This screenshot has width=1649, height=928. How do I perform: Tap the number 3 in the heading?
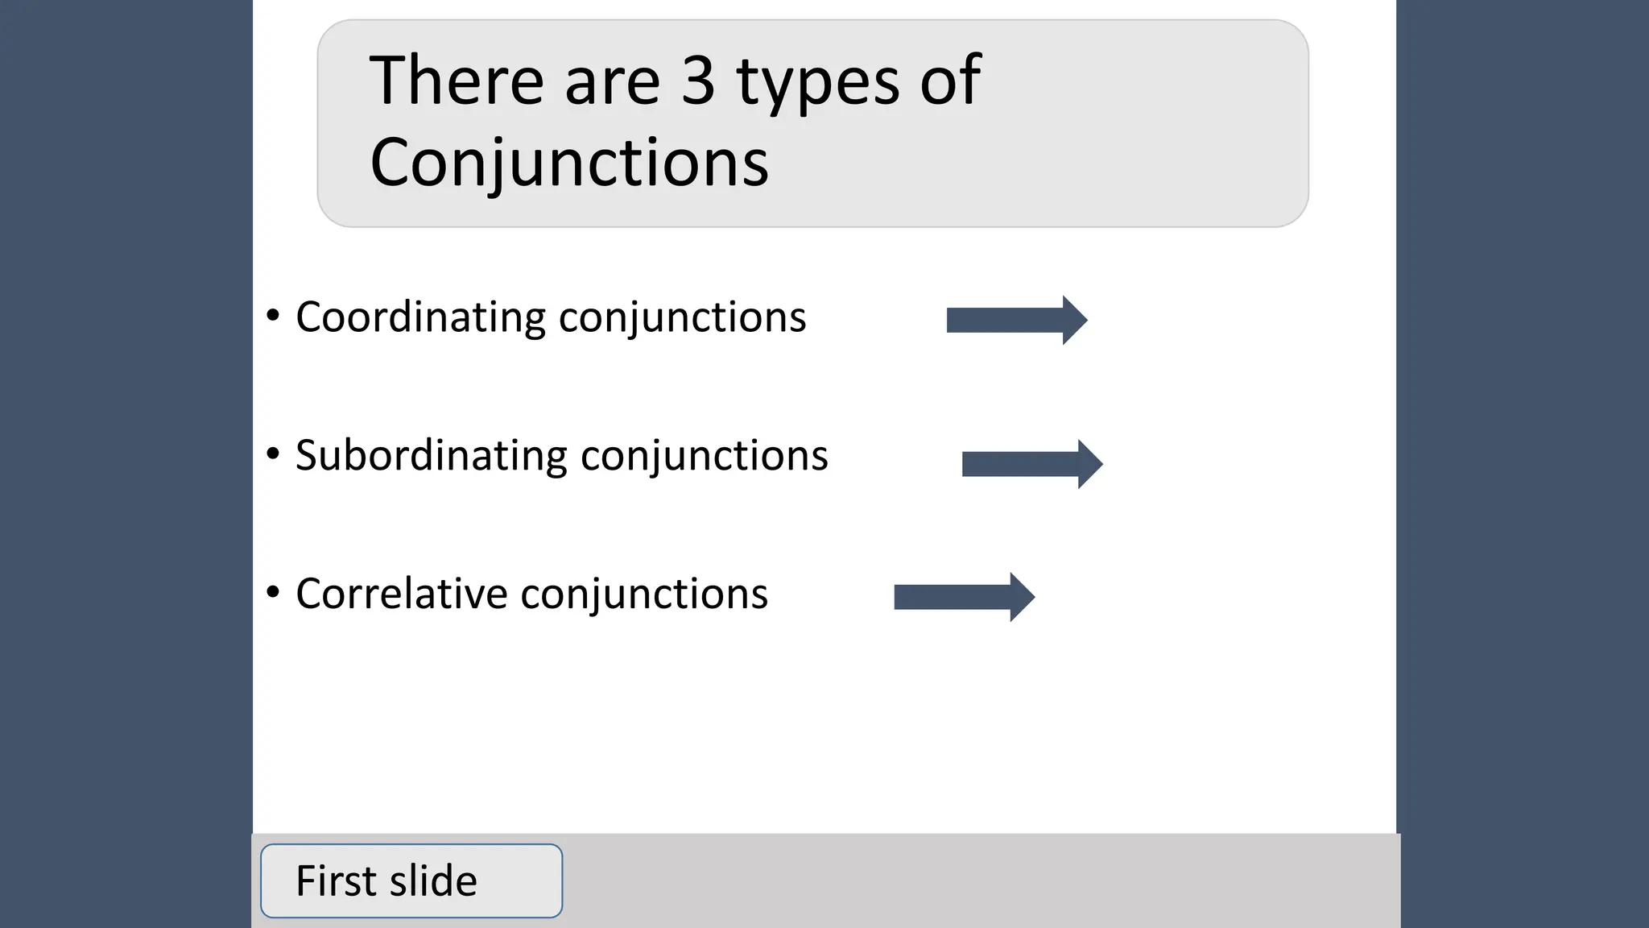tap(698, 81)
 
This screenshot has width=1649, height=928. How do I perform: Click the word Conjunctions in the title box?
tap(569, 164)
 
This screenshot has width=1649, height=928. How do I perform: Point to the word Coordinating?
tap(421, 317)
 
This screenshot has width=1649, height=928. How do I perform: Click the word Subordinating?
tap(432, 456)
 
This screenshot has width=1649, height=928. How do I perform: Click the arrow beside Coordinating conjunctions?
tap(1017, 320)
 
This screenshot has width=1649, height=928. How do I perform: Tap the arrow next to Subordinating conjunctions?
tap(1032, 464)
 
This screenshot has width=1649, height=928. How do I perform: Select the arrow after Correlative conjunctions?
tap(964, 597)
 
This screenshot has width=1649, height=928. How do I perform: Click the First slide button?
tap(411, 880)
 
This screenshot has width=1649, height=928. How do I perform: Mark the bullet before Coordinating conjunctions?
tap(273, 316)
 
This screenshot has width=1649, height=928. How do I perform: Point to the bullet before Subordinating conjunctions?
tap(273, 454)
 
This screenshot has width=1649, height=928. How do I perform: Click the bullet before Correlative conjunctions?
tap(273, 593)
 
